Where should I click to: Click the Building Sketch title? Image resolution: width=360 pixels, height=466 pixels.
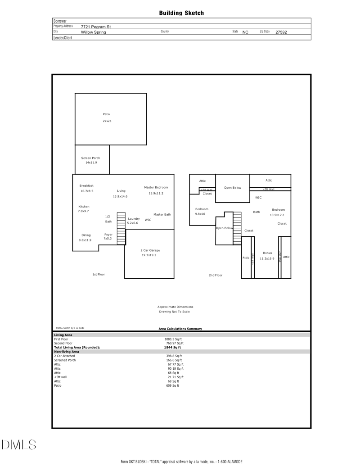coord(181,13)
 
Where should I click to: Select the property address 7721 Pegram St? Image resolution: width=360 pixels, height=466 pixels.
coord(96,27)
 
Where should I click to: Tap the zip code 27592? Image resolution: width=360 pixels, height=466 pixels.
coord(281,32)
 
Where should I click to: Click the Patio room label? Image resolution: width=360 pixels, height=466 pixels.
coord(106,114)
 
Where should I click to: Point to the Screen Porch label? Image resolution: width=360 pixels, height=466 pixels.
coord(90,158)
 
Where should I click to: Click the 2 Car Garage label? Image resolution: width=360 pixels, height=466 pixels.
coord(150,250)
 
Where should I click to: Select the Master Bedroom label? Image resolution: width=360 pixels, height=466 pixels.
coord(156,187)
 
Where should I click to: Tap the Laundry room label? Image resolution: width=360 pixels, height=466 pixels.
coord(134,219)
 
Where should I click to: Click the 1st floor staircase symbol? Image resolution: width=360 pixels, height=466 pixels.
coord(121,228)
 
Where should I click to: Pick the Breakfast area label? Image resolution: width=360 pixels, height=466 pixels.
coord(86,185)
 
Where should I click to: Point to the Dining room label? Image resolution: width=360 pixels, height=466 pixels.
coord(86,235)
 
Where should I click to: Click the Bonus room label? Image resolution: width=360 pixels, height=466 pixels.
coord(267,253)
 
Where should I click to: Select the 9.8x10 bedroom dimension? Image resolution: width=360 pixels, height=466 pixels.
coord(200,214)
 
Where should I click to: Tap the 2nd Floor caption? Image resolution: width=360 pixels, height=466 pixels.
coord(216,275)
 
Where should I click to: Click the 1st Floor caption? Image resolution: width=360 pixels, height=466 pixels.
coord(99,274)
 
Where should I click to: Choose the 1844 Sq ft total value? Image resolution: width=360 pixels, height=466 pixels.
coord(172,348)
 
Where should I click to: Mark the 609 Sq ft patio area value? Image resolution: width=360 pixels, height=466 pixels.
coord(172,386)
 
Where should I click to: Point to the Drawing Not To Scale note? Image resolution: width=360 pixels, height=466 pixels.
coord(174,312)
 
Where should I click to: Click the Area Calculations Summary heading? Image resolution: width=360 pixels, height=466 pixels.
coord(180,329)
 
